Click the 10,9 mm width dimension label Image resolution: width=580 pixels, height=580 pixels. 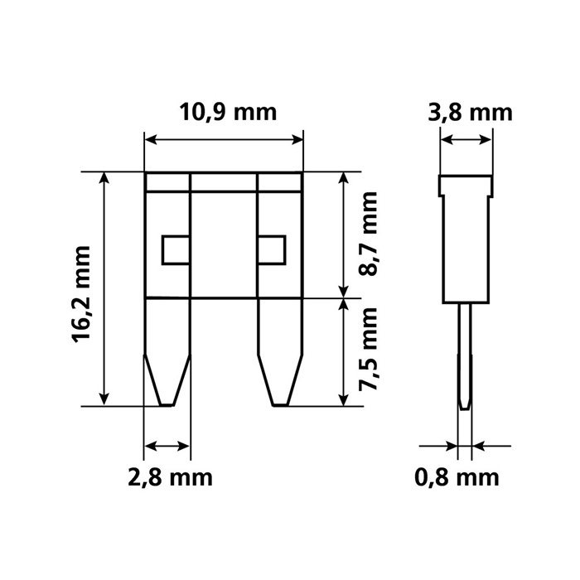[x=224, y=112]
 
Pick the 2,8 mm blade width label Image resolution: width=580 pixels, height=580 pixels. [x=169, y=477]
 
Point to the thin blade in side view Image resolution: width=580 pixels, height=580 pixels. [x=465, y=356]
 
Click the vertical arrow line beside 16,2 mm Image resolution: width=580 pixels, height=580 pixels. [x=104, y=289]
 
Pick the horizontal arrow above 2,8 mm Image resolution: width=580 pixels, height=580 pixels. [x=167, y=447]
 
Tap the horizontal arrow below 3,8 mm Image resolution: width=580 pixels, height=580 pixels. [x=466, y=141]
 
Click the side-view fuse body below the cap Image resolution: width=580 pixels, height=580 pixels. [x=466, y=249]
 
